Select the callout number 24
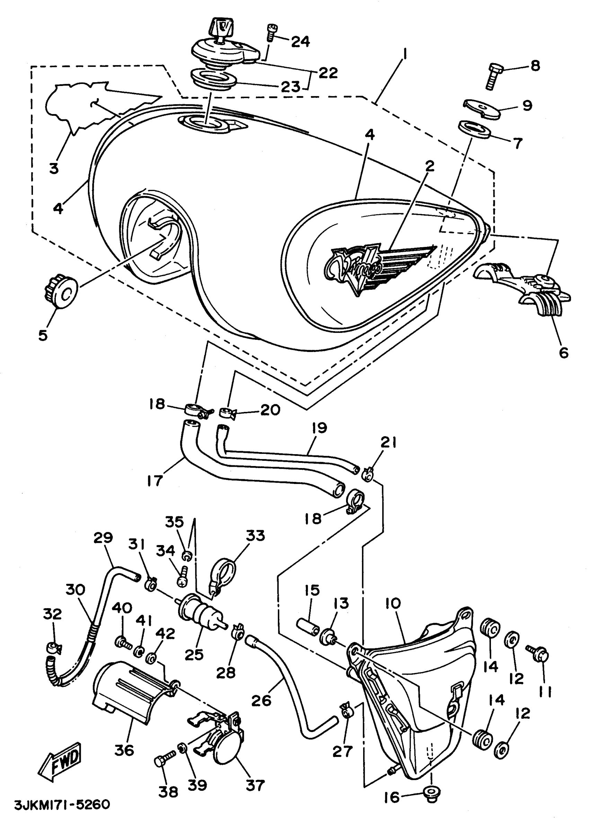tap(301, 41)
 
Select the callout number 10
tap(393, 603)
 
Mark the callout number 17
tap(155, 481)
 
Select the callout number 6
tap(564, 352)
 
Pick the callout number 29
tap(103, 537)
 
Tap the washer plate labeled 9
tap(482, 108)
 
